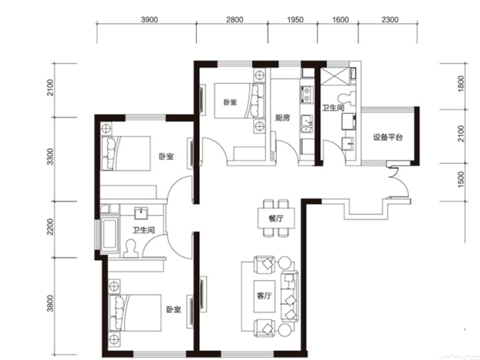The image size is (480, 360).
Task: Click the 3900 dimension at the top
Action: click(149, 20)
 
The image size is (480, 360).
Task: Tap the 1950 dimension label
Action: click(295, 20)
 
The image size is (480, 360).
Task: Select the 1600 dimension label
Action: click(340, 20)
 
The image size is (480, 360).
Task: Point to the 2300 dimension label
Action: click(391, 20)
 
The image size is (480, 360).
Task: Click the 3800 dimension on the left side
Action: click(50, 303)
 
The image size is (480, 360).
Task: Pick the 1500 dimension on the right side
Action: click(461, 180)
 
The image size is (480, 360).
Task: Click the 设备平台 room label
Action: click(388, 137)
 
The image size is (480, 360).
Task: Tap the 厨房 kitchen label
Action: click(282, 118)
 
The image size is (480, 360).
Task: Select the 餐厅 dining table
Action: click(276, 218)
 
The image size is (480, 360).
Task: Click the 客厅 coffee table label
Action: click(264, 296)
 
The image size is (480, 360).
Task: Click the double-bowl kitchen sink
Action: click(306, 94)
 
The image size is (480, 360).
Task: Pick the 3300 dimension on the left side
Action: click(50, 156)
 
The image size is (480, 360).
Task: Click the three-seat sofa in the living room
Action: click(290, 296)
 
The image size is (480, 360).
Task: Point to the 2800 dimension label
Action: click(235, 20)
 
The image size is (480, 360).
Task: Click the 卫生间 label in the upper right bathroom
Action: click(334, 108)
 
